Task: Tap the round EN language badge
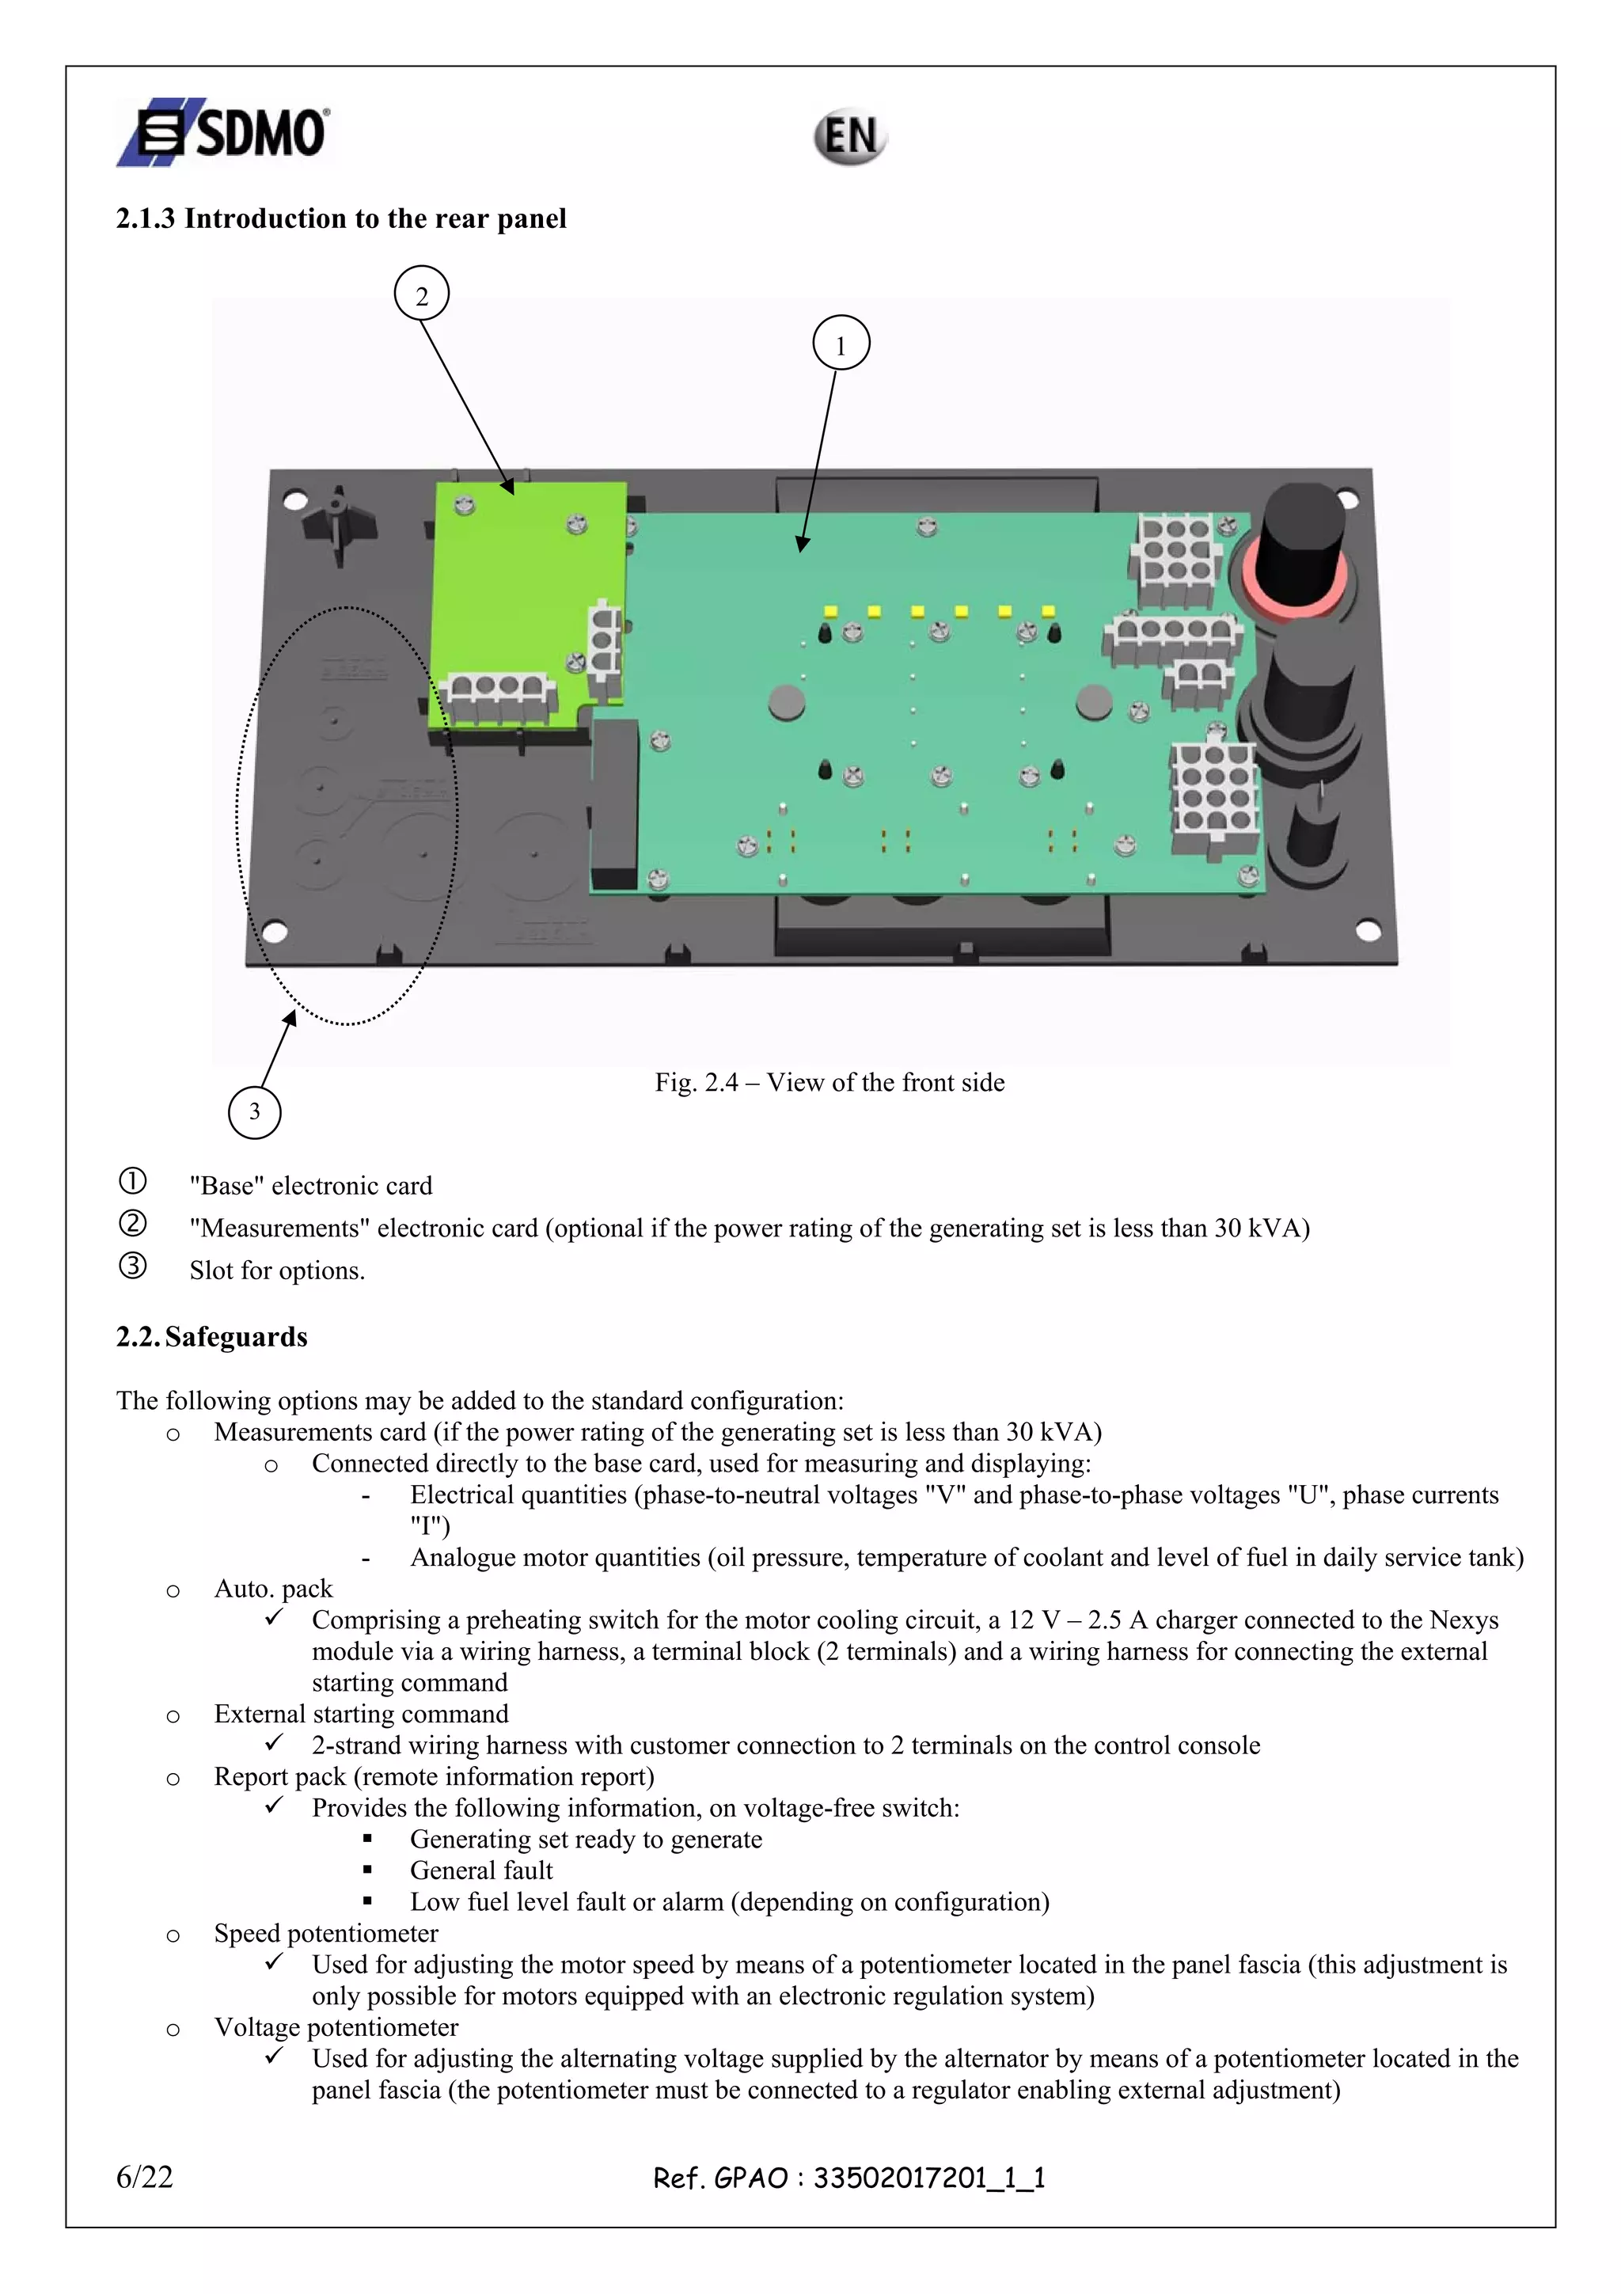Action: click(849, 137)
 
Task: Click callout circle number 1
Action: click(841, 343)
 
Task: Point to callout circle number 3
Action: click(255, 1111)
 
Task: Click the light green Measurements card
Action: click(519, 590)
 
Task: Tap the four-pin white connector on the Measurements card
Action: click(496, 697)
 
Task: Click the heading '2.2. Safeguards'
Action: click(212, 1337)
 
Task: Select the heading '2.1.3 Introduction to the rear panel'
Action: click(340, 218)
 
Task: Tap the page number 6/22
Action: click(145, 2177)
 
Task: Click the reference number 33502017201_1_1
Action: click(929, 2178)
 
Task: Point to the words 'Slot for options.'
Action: click(277, 1270)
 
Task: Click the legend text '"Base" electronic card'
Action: click(310, 1186)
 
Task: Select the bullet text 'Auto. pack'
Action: click(272, 1589)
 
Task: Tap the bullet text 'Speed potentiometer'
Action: click(325, 1933)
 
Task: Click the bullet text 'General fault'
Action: click(480, 1871)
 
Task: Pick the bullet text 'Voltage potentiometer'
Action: click(336, 2027)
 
